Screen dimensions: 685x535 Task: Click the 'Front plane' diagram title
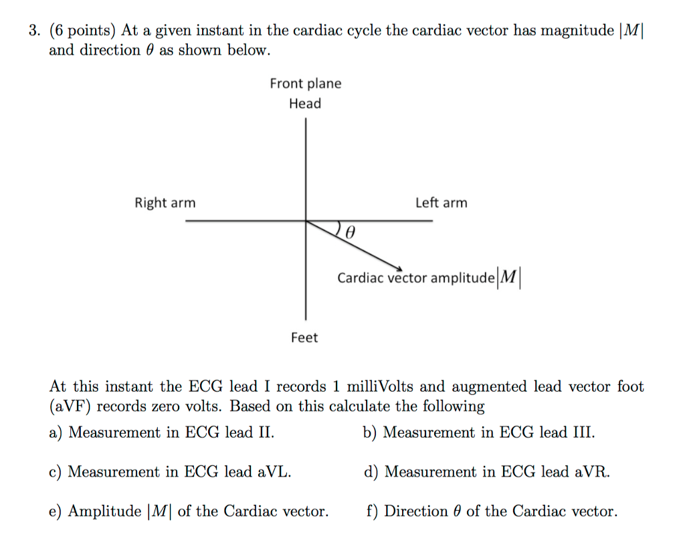[305, 84]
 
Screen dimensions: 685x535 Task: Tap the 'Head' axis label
[305, 104]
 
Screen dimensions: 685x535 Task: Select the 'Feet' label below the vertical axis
[304, 338]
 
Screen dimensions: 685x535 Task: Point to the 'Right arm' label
[165, 203]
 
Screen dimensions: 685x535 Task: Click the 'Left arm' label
[441, 203]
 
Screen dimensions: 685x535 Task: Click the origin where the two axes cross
[306, 221]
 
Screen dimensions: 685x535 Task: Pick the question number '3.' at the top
[34, 31]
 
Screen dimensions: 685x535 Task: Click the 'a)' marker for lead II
[56, 433]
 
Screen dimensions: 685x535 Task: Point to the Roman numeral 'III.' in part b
[582, 433]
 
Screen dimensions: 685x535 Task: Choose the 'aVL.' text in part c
[274, 472]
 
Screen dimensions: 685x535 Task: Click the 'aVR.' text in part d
[592, 472]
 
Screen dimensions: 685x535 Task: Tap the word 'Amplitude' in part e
[104, 512]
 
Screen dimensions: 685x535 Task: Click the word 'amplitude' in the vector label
[459, 278]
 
